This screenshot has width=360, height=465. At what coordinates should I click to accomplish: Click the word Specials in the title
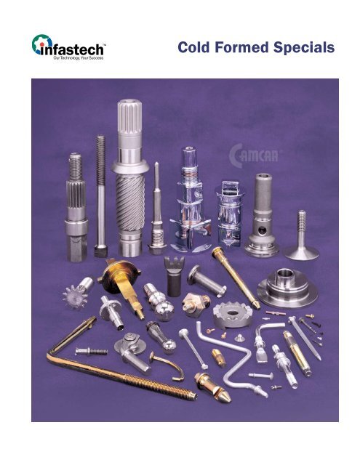coord(301,49)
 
